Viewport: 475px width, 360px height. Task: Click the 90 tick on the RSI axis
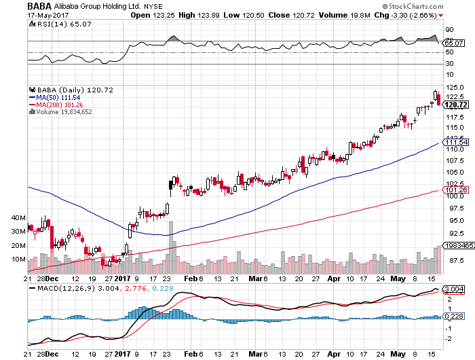[449, 30]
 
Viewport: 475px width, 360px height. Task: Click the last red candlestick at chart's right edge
[439, 99]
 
